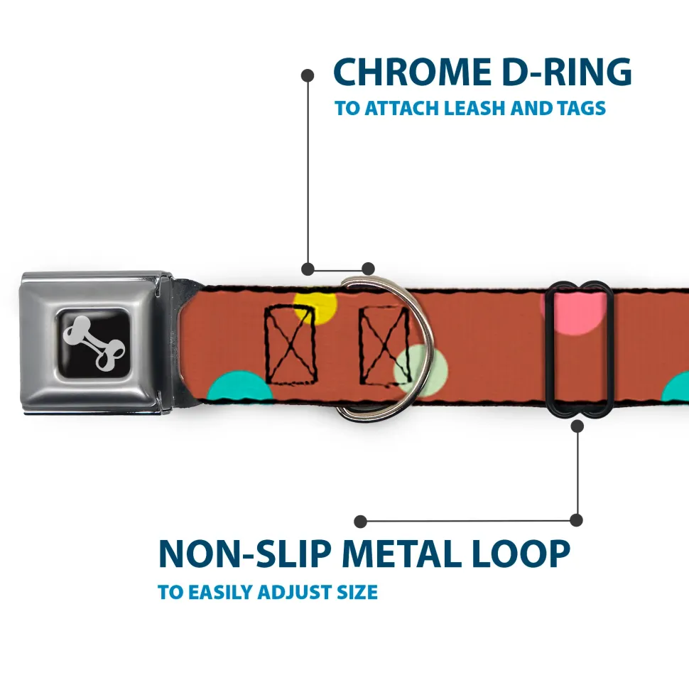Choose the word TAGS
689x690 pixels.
coord(580,109)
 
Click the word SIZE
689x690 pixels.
coord(357,591)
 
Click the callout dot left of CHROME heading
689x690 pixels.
coord(308,74)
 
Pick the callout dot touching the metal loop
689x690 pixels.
coord(577,426)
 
